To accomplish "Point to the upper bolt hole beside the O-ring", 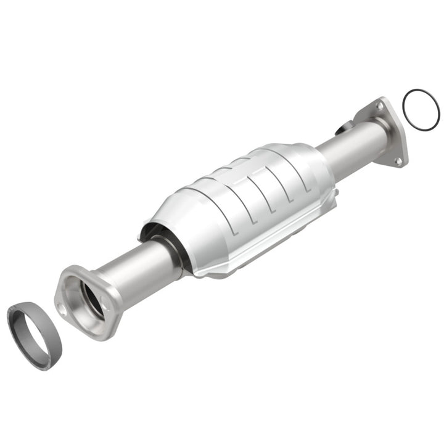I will pos(380,106).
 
